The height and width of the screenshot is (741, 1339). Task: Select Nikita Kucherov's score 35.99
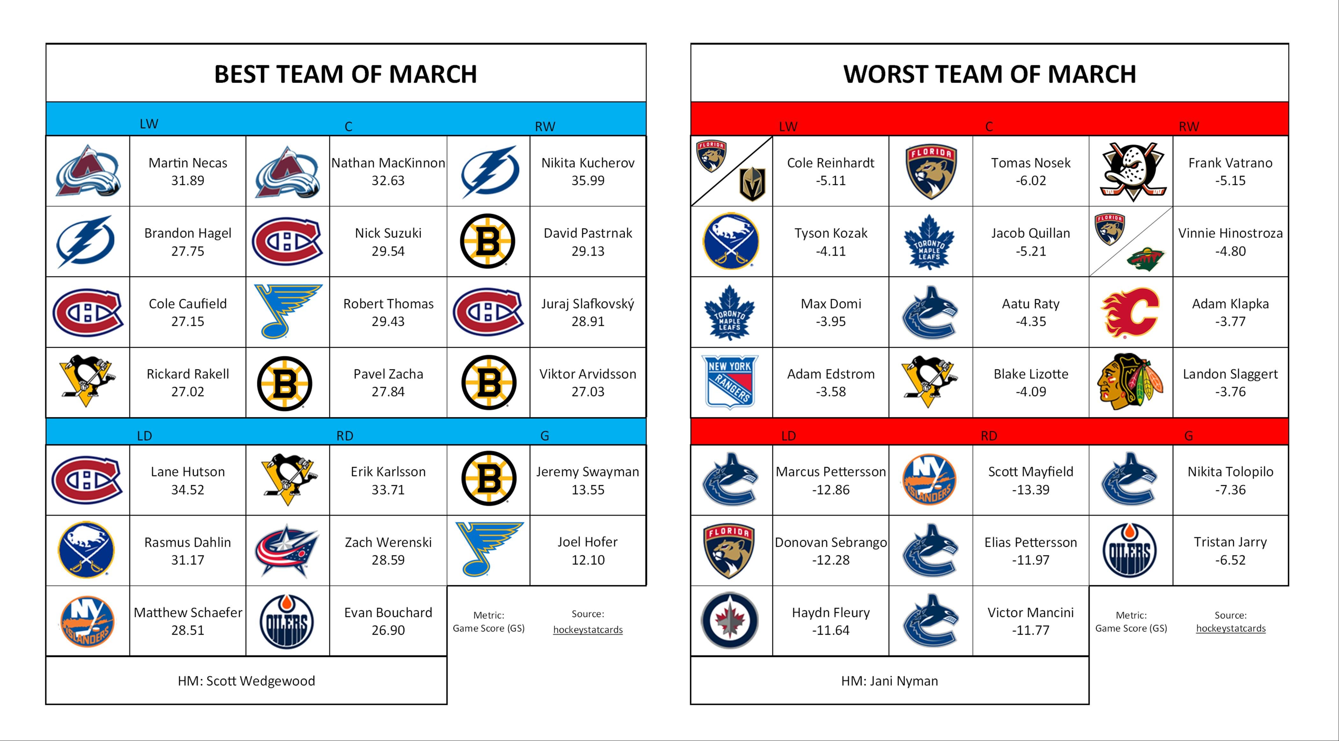click(x=588, y=181)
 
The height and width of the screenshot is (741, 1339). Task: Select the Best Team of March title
click(x=346, y=74)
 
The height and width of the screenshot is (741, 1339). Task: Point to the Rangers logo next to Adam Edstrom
click(x=730, y=382)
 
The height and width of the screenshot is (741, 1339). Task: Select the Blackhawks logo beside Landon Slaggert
click(x=1130, y=382)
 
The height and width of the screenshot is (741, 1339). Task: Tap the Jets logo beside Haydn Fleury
click(x=730, y=620)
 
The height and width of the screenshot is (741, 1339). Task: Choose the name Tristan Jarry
click(x=1230, y=542)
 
